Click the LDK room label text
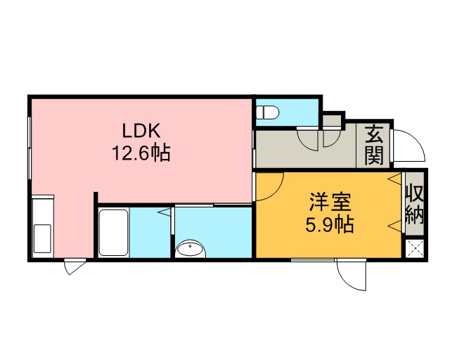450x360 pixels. point(141,131)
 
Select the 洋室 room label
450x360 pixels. point(330,202)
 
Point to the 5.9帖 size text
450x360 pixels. point(329,224)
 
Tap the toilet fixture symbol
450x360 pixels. point(267,112)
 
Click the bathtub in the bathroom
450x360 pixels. point(113,233)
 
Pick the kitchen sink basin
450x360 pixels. point(42,238)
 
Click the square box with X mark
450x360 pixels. point(415,248)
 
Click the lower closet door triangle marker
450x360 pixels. point(394,226)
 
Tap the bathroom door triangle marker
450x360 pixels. point(165,212)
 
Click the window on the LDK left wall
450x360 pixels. point(30,148)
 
